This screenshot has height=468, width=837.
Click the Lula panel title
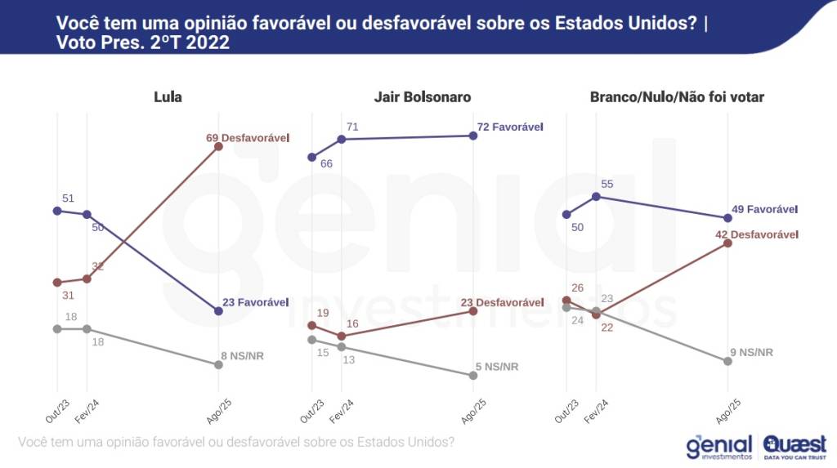(x=168, y=97)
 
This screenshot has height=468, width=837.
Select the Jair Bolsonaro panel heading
(x=423, y=97)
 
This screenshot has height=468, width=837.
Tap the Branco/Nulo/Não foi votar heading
(x=677, y=97)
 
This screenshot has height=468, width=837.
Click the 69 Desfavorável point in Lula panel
(x=218, y=147)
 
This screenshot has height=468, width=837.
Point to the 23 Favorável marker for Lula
(x=218, y=311)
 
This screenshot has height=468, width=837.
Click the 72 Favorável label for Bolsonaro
(x=509, y=127)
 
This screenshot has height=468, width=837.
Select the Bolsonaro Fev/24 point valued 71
(x=342, y=139)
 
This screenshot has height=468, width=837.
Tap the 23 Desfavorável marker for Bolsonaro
(x=473, y=310)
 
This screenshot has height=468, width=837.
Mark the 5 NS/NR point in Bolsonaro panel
(x=473, y=376)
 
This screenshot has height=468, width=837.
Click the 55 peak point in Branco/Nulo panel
(x=597, y=196)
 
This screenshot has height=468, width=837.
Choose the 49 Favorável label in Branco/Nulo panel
(x=764, y=209)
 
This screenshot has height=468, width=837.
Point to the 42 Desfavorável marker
(x=727, y=243)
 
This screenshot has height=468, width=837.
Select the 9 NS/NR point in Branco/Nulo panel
(x=727, y=361)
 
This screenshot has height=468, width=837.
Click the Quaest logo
(x=794, y=447)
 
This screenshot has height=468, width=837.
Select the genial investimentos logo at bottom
(x=719, y=447)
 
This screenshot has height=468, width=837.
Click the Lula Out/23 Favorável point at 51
(x=57, y=211)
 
